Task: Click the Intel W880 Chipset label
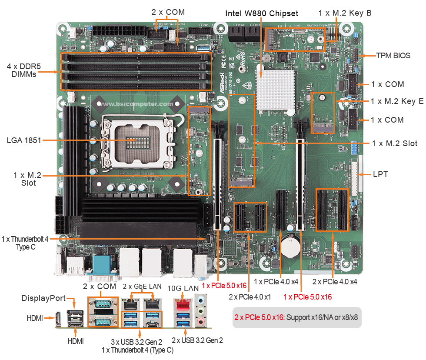coord(262,13)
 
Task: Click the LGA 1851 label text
coord(24,140)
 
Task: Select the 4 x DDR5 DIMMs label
coord(24,70)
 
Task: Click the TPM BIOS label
coord(393,56)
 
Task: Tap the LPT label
coord(380,174)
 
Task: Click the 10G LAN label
coord(186,287)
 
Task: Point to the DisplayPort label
coord(43,298)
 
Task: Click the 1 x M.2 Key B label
coord(345,13)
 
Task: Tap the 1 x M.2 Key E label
coord(397,101)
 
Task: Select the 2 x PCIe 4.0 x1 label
coord(250,297)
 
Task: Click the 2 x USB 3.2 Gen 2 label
coord(197,340)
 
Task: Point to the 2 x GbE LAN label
coord(142,286)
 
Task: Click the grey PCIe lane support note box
coord(297,317)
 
